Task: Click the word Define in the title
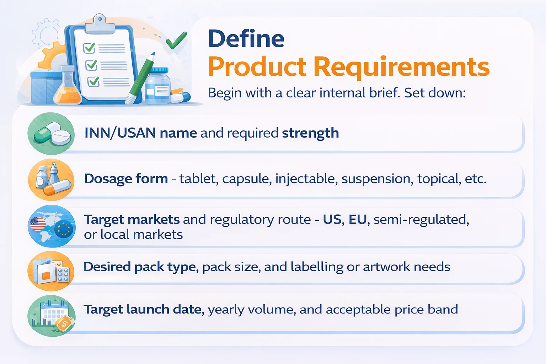click(x=246, y=39)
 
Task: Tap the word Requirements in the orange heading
click(x=401, y=67)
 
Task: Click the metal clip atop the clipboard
click(x=100, y=23)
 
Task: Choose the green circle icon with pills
click(x=51, y=134)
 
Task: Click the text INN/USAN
click(x=120, y=133)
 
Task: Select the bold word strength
click(x=310, y=133)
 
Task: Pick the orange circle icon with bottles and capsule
click(x=51, y=180)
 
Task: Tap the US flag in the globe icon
click(x=38, y=224)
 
